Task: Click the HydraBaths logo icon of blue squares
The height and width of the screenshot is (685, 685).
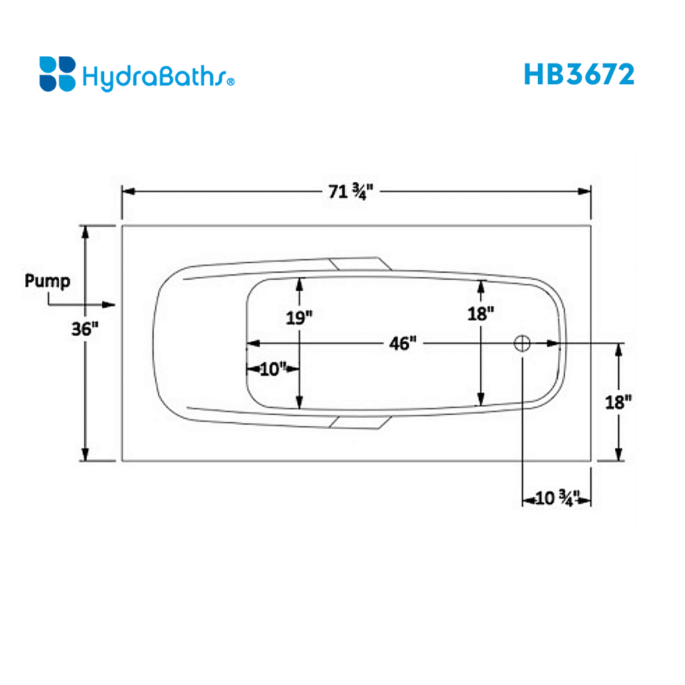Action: click(x=57, y=74)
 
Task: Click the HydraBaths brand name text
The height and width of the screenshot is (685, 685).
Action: click(x=154, y=75)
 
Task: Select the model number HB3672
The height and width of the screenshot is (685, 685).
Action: click(x=579, y=74)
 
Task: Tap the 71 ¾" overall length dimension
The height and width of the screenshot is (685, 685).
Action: click(x=353, y=191)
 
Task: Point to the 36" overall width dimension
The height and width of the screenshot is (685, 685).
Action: click(x=86, y=329)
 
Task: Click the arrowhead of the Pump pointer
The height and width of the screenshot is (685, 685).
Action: click(x=111, y=304)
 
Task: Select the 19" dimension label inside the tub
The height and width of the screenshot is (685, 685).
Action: click(x=299, y=316)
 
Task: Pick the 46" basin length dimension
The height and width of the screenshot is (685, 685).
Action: click(x=402, y=343)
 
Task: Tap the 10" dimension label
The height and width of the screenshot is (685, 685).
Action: click(x=273, y=369)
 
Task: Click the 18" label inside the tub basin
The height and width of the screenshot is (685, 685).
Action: click(x=481, y=314)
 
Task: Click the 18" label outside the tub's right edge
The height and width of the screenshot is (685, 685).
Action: click(x=619, y=401)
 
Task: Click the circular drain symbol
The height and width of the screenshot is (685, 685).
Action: click(x=523, y=343)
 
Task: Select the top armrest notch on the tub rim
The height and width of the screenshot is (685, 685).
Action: click(x=358, y=264)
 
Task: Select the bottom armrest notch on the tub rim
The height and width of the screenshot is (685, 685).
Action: click(x=358, y=421)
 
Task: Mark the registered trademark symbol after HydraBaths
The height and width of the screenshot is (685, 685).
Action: click(x=231, y=82)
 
